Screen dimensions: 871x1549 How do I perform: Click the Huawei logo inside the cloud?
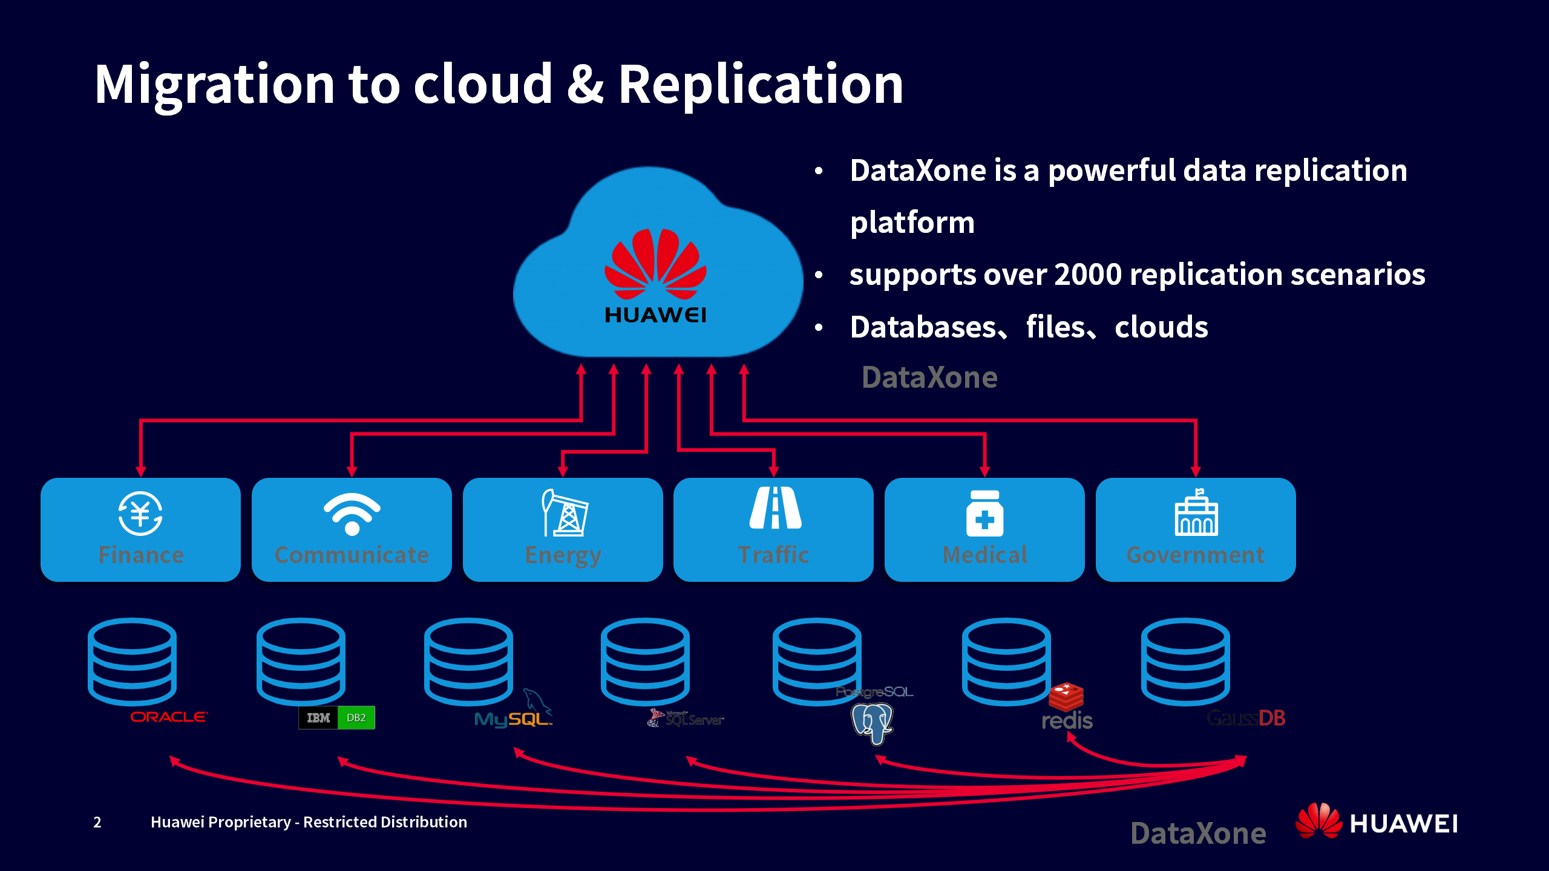[x=655, y=275]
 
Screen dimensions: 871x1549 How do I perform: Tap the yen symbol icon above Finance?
[x=140, y=514]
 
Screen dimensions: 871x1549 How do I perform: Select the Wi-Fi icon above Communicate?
[x=352, y=514]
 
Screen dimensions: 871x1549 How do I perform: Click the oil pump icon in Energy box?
[x=564, y=513]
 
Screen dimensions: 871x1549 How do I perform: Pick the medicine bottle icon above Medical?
[x=984, y=514]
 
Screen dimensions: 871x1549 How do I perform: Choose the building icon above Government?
[x=1196, y=514]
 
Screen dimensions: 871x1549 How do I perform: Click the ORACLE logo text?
[x=169, y=717]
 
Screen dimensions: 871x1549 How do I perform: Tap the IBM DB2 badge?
[x=336, y=718]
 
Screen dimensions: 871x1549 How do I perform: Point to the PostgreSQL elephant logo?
[x=872, y=723]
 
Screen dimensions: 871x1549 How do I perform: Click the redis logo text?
[x=1067, y=720]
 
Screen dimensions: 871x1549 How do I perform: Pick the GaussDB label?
[x=1246, y=718]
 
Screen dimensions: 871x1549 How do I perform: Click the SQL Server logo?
[x=686, y=719]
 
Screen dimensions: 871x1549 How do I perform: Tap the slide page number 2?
[x=97, y=822]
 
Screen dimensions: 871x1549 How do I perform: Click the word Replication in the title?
[x=761, y=84]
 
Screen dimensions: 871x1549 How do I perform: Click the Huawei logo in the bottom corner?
[x=1377, y=822]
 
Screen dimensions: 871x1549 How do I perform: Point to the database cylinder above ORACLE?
[x=132, y=661]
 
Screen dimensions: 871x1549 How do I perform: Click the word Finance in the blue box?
[x=141, y=555]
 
